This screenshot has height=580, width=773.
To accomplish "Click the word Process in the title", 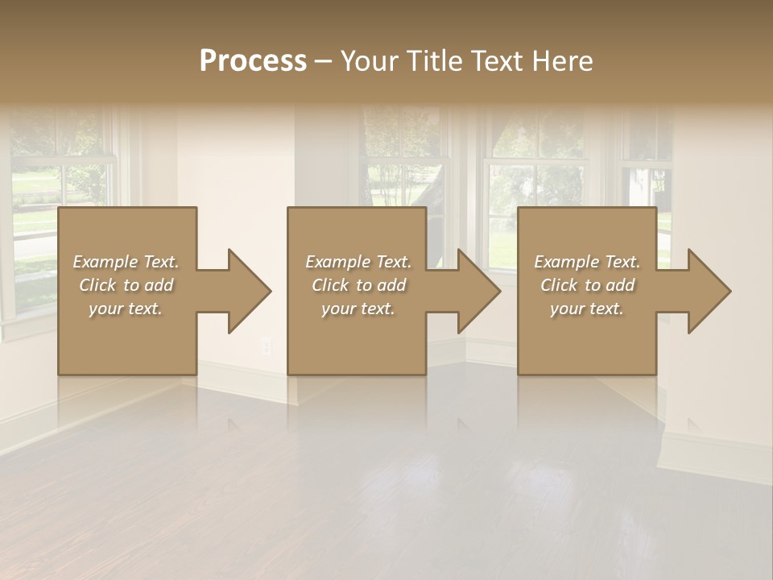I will tap(253, 61).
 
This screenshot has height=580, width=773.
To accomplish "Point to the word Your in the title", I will tap(370, 61).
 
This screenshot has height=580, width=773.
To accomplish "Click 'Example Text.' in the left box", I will tap(126, 262).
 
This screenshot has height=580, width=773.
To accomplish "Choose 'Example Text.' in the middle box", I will tap(358, 262).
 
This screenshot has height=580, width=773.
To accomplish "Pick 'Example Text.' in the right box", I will tap(587, 262).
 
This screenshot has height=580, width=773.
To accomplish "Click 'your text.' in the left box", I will tap(126, 309).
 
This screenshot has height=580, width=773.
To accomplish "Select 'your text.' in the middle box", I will tap(358, 309).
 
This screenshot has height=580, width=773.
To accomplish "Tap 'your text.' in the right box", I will tap(587, 309).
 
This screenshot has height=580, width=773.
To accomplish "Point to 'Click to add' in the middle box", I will tap(358, 285).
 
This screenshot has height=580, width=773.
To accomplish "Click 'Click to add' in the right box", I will tap(587, 285).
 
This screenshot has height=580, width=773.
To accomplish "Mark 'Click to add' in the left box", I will tap(126, 285).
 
